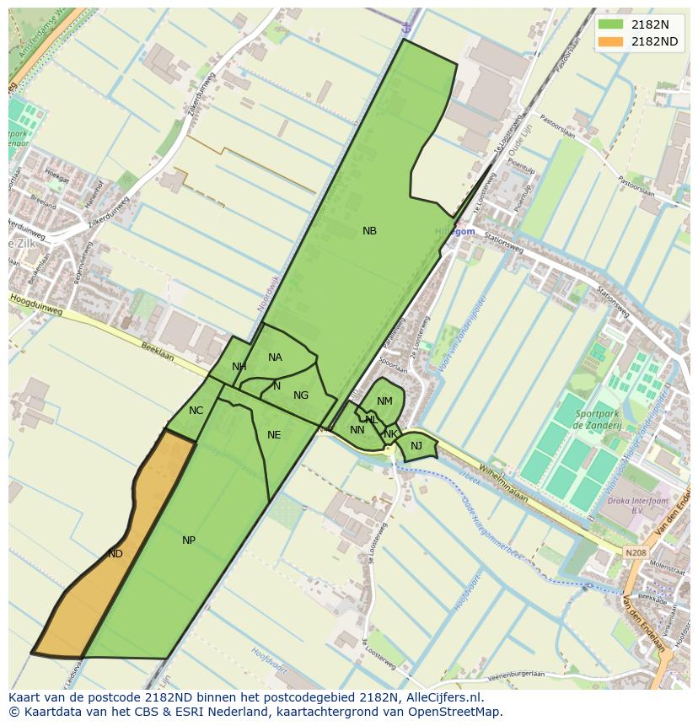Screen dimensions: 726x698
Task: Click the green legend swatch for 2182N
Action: pos(610,24)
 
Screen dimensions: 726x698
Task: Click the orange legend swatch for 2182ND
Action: pos(610,41)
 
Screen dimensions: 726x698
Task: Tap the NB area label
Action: pos(369,231)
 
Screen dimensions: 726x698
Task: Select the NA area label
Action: pos(275,358)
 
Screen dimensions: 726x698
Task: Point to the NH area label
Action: pos(239,367)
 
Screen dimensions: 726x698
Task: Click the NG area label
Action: pos(301,395)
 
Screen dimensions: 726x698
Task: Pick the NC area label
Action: pos(196,411)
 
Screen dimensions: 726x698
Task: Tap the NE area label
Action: pos(274,435)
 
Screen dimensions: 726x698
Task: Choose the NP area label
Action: pos(189,540)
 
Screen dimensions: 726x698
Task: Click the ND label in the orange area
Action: pos(115,554)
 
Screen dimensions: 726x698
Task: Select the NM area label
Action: pos(384,401)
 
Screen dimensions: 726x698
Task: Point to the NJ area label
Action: pos(416,446)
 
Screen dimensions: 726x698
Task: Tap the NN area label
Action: pos(357,430)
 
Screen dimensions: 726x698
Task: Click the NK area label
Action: pos(390,434)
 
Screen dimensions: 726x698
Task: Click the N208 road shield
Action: pos(636,553)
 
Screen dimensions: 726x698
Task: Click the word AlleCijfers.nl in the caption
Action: pos(443,698)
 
